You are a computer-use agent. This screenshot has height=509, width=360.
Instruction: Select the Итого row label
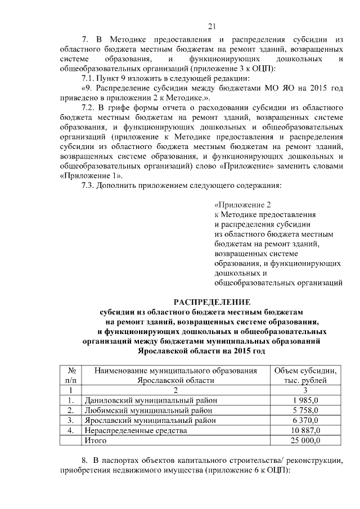tap(95, 441)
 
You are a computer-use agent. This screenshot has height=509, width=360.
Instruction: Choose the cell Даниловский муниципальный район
tap(150, 400)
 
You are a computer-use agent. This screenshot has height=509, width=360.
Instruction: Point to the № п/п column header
tap(71, 375)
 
